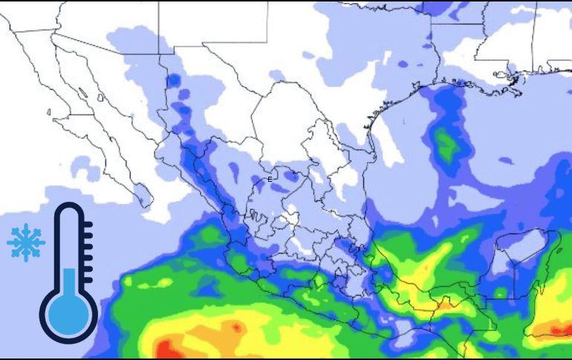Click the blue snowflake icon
tap(26, 242)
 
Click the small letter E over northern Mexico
tap(270, 179)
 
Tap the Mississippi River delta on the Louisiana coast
tap(513, 77)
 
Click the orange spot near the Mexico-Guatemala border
tap(444, 303)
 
